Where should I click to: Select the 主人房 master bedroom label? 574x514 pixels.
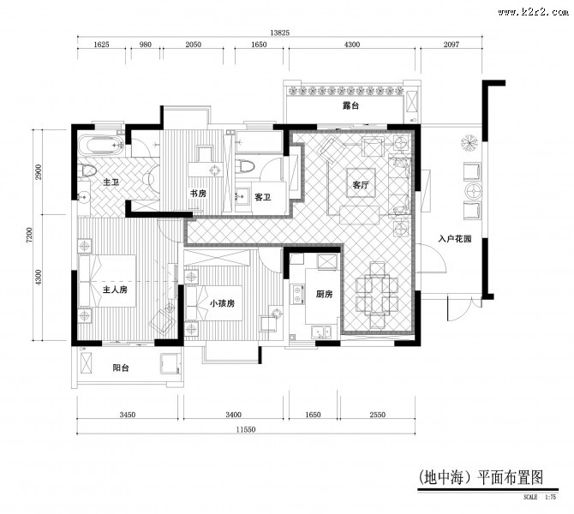[115, 290]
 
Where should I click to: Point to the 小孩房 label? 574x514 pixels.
[221, 302]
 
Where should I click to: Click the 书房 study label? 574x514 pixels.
[198, 194]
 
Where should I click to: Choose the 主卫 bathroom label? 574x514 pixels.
[111, 182]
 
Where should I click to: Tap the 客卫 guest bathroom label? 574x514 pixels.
[262, 197]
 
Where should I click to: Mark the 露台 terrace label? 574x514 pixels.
[349, 106]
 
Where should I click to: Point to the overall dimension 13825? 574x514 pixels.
[279, 32]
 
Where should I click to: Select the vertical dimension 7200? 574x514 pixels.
[29, 236]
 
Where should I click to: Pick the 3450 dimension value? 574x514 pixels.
[128, 415]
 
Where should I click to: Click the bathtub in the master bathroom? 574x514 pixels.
[99, 146]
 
